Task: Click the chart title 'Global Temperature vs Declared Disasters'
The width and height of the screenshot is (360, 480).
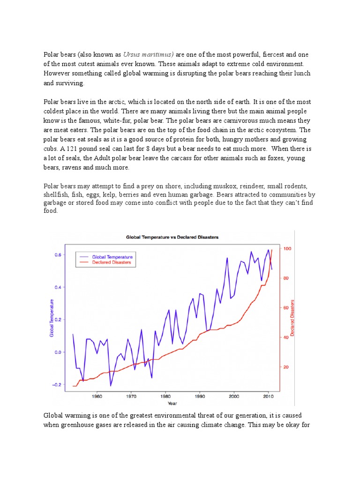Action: point(172,237)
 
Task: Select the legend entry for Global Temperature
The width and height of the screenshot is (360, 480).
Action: point(112,257)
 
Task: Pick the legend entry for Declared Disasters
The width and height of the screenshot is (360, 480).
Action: point(111,263)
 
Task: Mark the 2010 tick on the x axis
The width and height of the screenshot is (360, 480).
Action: point(268,396)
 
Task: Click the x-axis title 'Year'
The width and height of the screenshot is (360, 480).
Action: point(172,403)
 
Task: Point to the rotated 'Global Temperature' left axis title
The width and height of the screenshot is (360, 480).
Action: point(52,318)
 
